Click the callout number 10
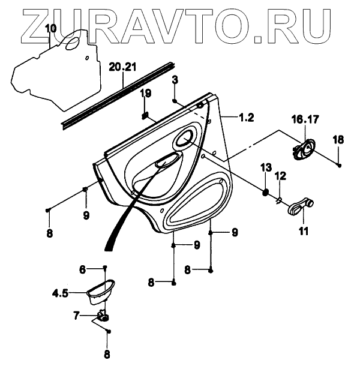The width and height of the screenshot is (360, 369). (50, 28)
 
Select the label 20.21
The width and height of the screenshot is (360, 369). (123, 67)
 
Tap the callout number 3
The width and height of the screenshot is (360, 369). (175, 80)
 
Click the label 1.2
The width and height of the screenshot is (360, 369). (245, 118)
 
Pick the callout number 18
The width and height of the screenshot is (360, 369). (338, 139)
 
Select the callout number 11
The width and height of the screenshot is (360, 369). (303, 230)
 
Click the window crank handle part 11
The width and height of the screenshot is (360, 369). (300, 208)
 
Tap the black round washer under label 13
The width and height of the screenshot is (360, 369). (265, 192)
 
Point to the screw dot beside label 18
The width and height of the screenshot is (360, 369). (340, 164)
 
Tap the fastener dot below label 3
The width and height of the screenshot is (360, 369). (174, 100)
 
